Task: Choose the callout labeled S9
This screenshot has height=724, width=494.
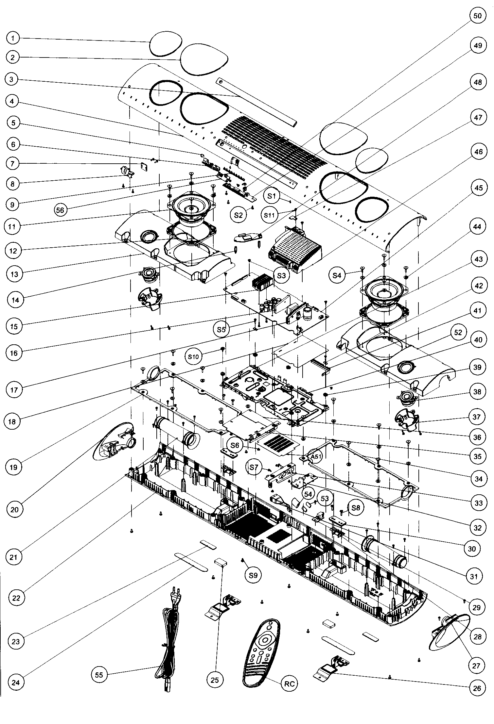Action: [253, 575]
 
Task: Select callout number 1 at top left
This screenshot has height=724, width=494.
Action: [13, 38]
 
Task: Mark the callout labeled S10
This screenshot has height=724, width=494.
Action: [193, 357]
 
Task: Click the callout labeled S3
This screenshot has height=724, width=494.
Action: [281, 275]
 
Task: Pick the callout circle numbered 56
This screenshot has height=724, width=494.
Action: [60, 210]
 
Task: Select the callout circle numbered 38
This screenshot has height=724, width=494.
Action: [477, 391]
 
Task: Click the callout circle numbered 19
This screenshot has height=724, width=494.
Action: [13, 467]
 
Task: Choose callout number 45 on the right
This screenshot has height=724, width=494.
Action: [478, 188]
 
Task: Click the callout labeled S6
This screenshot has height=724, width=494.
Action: [235, 445]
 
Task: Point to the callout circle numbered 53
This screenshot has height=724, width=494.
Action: [324, 499]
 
